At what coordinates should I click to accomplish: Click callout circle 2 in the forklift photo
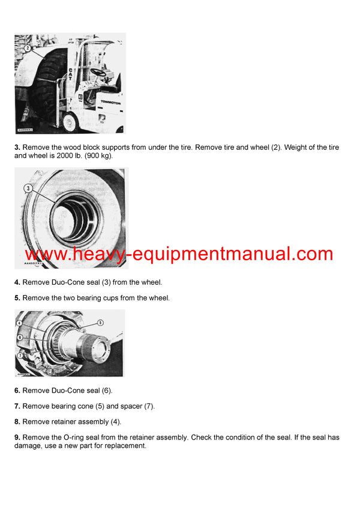(27, 47)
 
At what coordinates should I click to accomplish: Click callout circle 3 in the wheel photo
(28, 188)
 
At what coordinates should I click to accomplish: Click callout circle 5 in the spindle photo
(100, 323)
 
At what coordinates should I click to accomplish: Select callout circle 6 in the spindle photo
(20, 338)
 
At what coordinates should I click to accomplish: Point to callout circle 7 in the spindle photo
(21, 355)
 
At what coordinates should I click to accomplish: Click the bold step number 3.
(17, 147)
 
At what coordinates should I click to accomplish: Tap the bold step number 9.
(17, 438)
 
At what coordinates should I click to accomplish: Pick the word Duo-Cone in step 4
(68, 282)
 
